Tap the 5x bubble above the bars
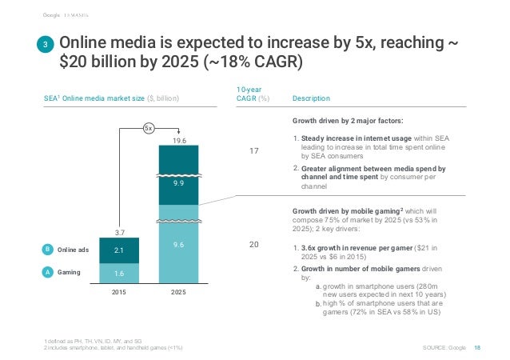149,127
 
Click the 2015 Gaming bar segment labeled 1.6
119,274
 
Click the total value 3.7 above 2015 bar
119,231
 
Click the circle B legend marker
46,250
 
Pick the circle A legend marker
46,272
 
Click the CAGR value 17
255,149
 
